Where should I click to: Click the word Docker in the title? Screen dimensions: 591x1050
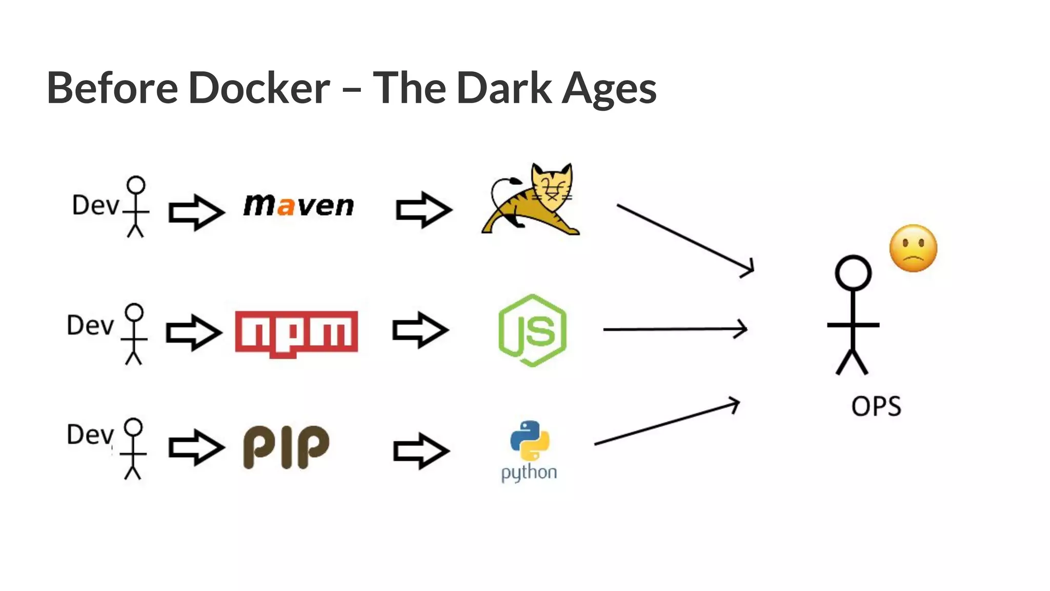click(259, 88)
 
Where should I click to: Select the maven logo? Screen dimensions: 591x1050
click(298, 205)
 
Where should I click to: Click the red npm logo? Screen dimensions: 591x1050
click(296, 332)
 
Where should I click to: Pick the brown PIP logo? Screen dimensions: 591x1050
click(286, 446)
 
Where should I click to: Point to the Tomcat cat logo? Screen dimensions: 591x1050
click(531, 200)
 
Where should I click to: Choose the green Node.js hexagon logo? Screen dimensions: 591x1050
click(532, 330)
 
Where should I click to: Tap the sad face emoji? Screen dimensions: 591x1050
click(913, 248)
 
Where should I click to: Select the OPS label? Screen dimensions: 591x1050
click(876, 407)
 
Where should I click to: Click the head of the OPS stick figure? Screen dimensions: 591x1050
click(853, 272)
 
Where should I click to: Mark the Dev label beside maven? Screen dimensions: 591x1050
click(95, 205)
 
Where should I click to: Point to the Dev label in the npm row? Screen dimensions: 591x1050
click(90, 325)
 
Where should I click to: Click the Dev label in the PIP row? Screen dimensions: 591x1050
click(90, 435)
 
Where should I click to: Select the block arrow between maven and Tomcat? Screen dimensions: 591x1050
click(423, 209)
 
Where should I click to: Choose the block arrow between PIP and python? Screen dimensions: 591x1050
click(421, 450)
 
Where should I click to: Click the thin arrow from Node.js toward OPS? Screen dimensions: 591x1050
click(675, 329)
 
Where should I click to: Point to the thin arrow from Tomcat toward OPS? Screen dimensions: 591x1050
click(685, 238)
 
